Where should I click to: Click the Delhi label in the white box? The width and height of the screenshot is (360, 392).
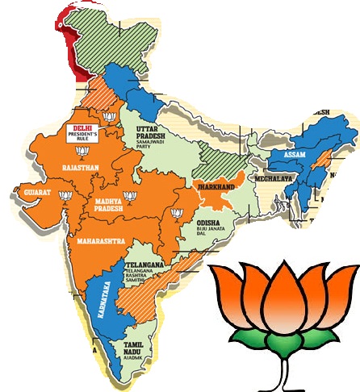tap(81, 128)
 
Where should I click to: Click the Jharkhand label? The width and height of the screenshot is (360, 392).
tap(218, 187)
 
